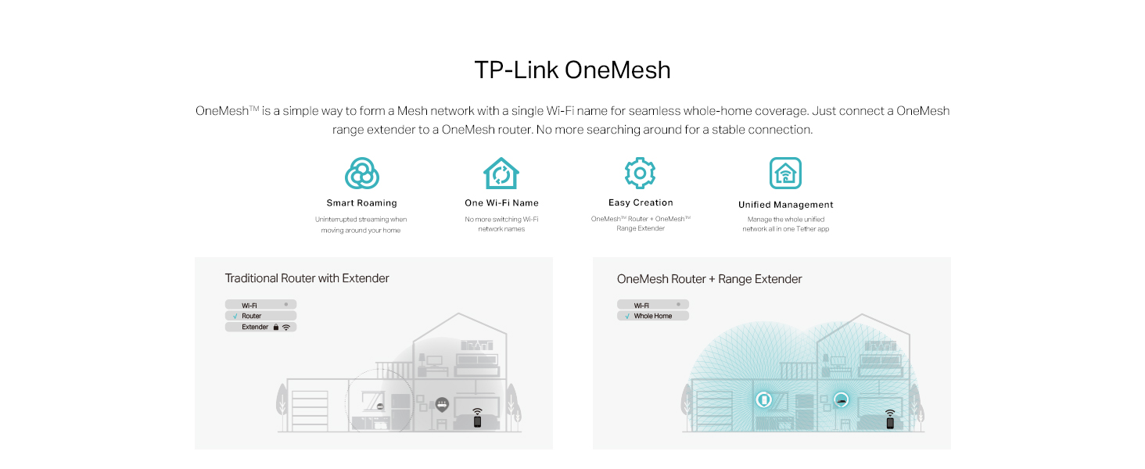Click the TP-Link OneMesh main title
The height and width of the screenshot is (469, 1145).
pos(572,70)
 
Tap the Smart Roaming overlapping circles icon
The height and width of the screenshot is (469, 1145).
pos(361,174)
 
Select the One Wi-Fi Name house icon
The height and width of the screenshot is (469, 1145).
pos(501,174)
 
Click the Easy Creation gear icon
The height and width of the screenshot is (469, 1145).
pos(640,173)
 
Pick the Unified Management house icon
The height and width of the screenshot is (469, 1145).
pos(785,174)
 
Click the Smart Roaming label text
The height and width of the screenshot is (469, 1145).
pos(361,203)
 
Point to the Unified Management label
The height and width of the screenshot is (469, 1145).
pos(785,205)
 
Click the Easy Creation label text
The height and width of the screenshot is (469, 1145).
pos(641,202)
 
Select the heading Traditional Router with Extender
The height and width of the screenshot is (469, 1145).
pos(307,278)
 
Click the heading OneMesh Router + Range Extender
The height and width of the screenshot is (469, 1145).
pos(709,279)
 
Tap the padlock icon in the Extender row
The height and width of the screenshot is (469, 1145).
pos(275,328)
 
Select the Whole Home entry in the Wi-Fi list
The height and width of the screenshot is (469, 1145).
pos(653,316)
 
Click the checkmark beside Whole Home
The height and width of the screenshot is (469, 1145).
pos(626,316)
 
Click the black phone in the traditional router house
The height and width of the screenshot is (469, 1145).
pos(477,421)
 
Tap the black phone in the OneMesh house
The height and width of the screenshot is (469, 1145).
pos(889,422)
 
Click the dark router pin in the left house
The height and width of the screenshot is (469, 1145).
pos(442,405)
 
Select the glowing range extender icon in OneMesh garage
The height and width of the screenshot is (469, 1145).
pos(763,399)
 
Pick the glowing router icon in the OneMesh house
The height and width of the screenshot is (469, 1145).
pos(841,399)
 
